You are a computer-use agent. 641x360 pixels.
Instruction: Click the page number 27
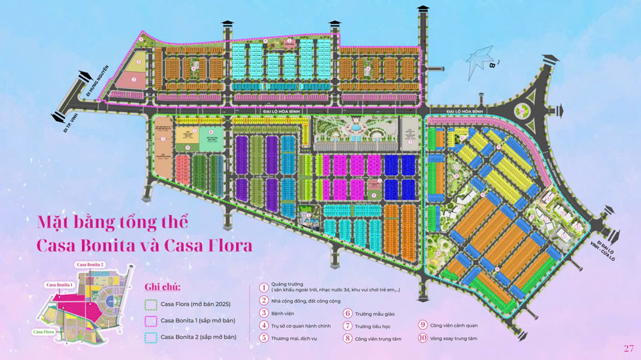[x=628, y=348]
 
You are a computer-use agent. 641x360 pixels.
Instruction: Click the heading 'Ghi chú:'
[x=163, y=286]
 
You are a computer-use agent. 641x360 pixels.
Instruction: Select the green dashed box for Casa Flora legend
[x=151, y=303]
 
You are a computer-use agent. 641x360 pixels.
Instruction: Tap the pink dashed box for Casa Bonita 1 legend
[x=151, y=320]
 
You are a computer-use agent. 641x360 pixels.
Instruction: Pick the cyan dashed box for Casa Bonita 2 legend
[x=151, y=337]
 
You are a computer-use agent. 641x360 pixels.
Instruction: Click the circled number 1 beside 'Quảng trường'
[x=263, y=288]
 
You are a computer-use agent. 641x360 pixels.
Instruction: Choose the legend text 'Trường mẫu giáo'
[x=376, y=313]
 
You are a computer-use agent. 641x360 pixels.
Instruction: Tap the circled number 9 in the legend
[x=422, y=325]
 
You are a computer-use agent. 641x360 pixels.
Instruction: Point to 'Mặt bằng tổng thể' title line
[x=113, y=223]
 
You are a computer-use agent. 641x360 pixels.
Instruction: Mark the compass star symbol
[x=482, y=60]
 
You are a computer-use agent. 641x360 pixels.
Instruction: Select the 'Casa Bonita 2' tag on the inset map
[x=90, y=265]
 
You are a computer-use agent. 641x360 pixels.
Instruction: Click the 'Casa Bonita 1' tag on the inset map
[x=59, y=284]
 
